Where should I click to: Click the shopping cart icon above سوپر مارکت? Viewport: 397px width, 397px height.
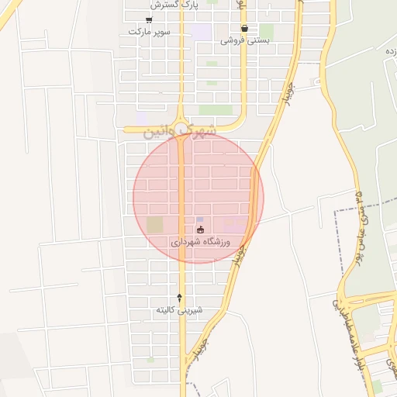tap(149, 19)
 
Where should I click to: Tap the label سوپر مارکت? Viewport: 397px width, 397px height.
tap(150, 33)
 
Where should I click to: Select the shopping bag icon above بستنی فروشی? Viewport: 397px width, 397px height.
tap(244, 28)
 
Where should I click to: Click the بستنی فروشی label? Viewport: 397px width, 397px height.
tap(244, 40)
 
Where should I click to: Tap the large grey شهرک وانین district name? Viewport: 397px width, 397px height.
tap(178, 133)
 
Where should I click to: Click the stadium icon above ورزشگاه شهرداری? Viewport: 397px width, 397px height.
tap(200, 229)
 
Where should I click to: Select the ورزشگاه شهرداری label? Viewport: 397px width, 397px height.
tap(206, 242)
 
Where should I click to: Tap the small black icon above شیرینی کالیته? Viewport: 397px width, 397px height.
tap(180, 297)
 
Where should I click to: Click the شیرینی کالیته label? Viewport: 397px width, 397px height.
tap(179, 310)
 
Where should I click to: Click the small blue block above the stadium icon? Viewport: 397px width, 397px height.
tap(200, 219)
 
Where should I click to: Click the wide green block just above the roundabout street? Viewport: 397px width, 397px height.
tap(216, 110)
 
